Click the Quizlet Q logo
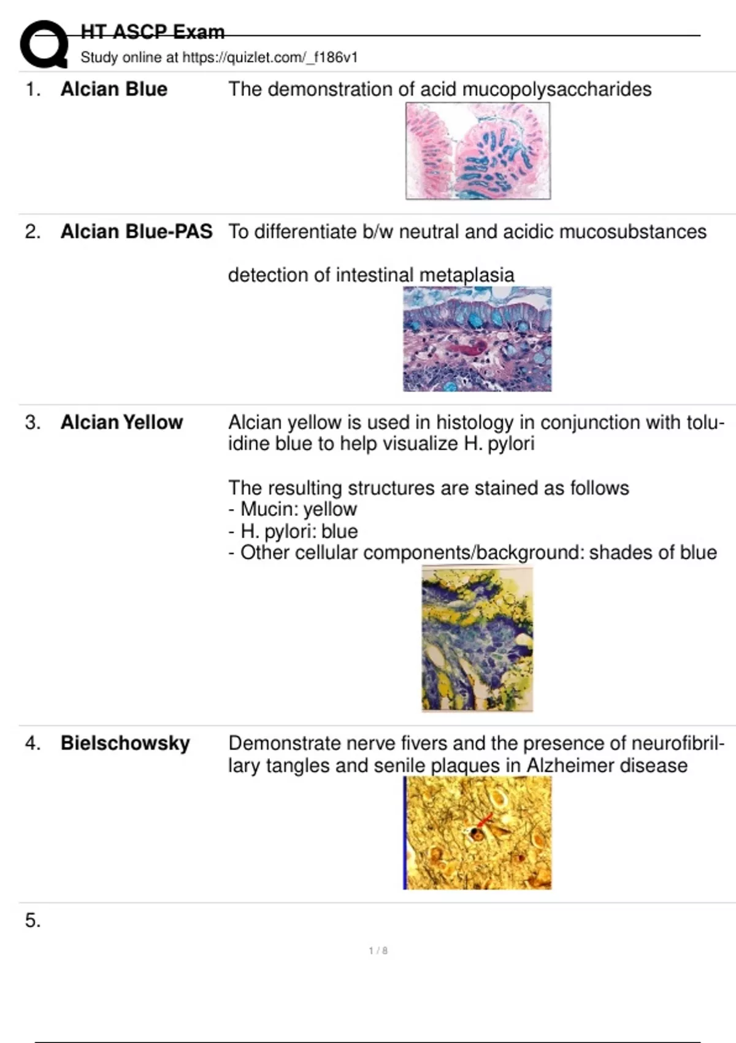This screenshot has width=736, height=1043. point(44,44)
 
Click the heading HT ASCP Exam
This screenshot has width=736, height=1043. point(153,32)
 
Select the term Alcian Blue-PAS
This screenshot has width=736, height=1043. point(136,231)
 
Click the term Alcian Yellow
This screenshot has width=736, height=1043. point(121,422)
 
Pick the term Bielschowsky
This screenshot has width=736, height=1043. point(125,743)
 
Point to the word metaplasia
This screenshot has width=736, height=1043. point(467,275)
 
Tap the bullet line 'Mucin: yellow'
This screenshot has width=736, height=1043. point(293,509)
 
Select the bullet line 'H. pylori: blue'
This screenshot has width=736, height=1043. point(293,531)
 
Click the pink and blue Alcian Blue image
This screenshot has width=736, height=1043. point(478,151)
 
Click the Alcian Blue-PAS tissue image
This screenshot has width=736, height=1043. point(477,339)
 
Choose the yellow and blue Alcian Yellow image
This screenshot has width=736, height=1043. point(477,638)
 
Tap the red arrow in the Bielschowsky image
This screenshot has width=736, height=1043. point(484,820)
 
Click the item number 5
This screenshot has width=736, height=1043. point(33,920)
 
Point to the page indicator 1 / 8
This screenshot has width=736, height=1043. point(378,951)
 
